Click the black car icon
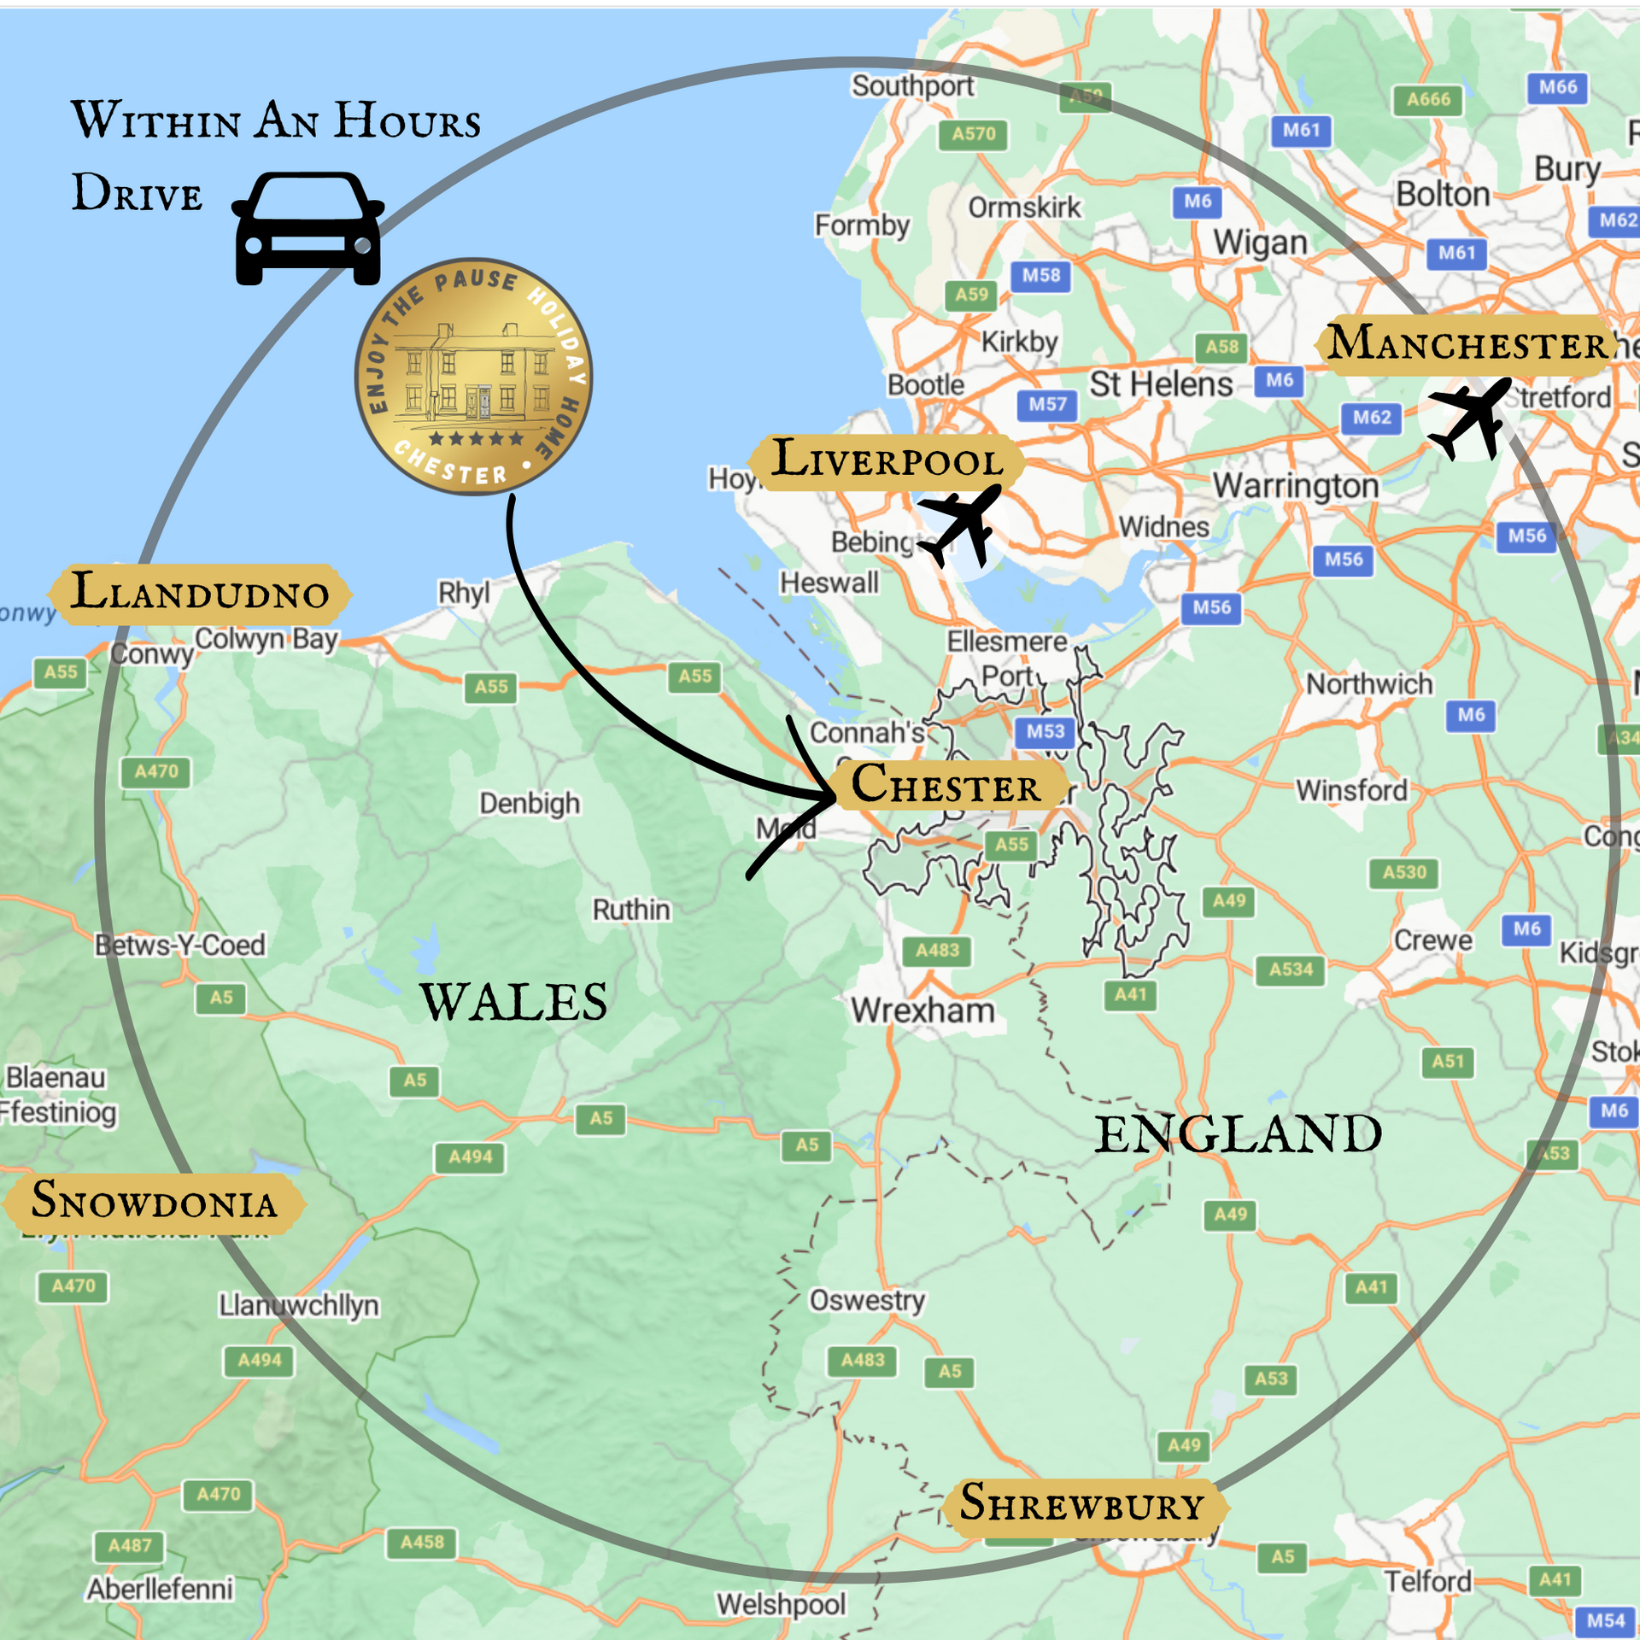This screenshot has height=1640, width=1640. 307,229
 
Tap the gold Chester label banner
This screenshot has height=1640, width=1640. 946,784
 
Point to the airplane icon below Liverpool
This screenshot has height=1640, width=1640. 961,523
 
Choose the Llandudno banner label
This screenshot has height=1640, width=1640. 199,593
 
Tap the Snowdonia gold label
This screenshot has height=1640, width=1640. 154,1201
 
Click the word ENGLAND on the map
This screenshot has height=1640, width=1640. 1238,1134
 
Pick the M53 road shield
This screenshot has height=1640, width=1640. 1045,731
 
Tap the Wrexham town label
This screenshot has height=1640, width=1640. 922,1010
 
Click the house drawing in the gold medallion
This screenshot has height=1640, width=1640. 475,376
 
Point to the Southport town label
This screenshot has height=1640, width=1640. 912,85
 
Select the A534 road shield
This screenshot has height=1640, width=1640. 1290,969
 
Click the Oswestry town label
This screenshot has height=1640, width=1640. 867,1300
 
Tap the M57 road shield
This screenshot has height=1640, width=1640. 1047,404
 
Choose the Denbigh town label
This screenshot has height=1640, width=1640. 529,803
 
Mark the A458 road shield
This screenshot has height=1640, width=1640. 422,1542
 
